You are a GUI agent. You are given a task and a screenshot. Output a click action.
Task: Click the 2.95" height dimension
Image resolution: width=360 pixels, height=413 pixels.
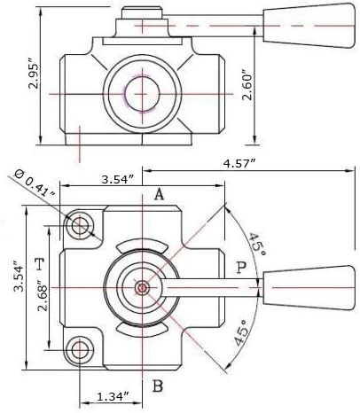pos(34,75)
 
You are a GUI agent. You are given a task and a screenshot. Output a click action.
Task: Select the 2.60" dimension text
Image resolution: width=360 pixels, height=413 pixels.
pos(247,85)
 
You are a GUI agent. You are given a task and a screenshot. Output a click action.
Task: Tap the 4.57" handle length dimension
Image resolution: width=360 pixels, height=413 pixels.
pos(240,163)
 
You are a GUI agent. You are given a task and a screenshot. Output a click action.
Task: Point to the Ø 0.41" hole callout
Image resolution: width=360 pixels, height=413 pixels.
pos(35,183)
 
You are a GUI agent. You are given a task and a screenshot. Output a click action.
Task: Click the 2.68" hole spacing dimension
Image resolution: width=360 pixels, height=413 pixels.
pos(43,298)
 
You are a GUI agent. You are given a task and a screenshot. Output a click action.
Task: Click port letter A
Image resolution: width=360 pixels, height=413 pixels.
pos(159,195)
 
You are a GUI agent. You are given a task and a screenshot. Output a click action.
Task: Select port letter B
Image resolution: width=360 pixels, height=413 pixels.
pos(158,386)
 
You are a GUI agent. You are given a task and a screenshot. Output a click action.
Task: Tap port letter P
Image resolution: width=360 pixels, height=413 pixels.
pos(241,268)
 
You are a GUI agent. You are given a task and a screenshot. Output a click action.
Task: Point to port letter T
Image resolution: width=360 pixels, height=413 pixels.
pos(39,264)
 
